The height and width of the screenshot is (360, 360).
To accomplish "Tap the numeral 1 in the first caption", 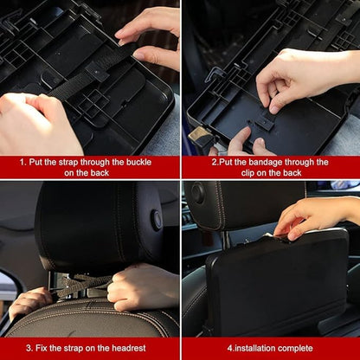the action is click(22, 162).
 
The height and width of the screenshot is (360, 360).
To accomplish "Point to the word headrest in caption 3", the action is click(129, 348).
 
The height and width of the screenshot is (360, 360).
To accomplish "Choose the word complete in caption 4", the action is click(295, 348).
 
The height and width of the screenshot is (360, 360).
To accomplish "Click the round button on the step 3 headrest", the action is click(157, 220).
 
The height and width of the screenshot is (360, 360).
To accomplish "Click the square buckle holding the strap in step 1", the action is click(97, 72).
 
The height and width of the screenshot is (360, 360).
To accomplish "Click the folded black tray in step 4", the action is click(278, 283).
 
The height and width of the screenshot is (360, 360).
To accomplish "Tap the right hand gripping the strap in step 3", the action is click(143, 286).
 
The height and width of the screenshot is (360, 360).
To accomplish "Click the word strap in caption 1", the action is click(68, 163).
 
